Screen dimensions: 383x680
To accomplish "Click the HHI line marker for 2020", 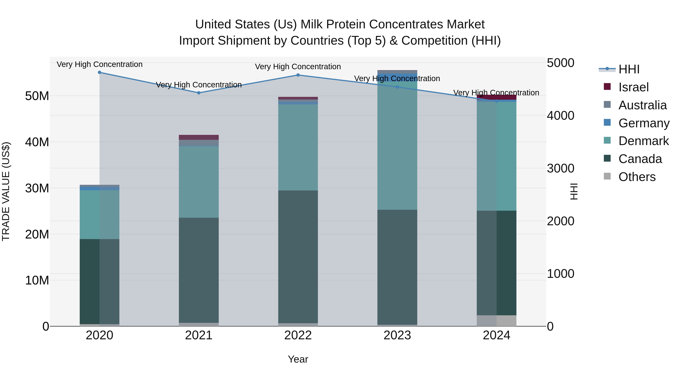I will click(100, 72).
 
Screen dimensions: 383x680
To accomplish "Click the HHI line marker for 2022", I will click(298, 75).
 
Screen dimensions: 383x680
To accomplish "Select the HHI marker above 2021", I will click(199, 93).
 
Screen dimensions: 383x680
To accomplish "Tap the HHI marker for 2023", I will click(397, 87).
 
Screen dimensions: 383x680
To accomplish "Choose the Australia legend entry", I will click(642, 105).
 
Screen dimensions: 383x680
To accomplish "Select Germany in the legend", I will click(644, 123).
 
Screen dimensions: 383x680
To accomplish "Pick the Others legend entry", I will click(637, 177).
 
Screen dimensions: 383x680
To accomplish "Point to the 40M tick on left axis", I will click(37, 142).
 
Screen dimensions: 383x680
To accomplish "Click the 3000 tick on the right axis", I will click(560, 168).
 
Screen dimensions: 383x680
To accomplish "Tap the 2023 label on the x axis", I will click(397, 335).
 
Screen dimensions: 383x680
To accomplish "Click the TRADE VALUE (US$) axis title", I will click(6, 191).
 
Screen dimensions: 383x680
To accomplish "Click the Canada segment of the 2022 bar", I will click(298, 256).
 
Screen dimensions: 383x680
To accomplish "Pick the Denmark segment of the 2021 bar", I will click(199, 182).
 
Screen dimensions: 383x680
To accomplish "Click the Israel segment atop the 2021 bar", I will click(199, 137).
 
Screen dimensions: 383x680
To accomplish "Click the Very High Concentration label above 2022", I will click(298, 67).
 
